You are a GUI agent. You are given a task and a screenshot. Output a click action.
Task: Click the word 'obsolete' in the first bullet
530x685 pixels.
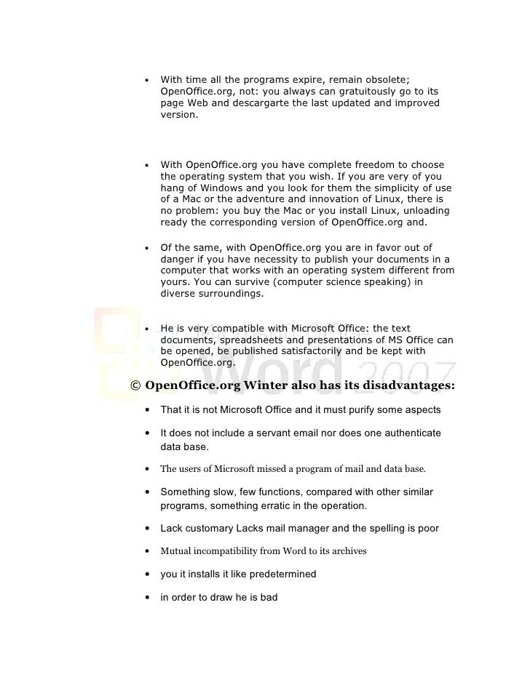pos(389,79)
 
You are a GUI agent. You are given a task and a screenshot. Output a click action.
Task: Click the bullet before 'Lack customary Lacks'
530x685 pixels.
pos(149,529)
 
